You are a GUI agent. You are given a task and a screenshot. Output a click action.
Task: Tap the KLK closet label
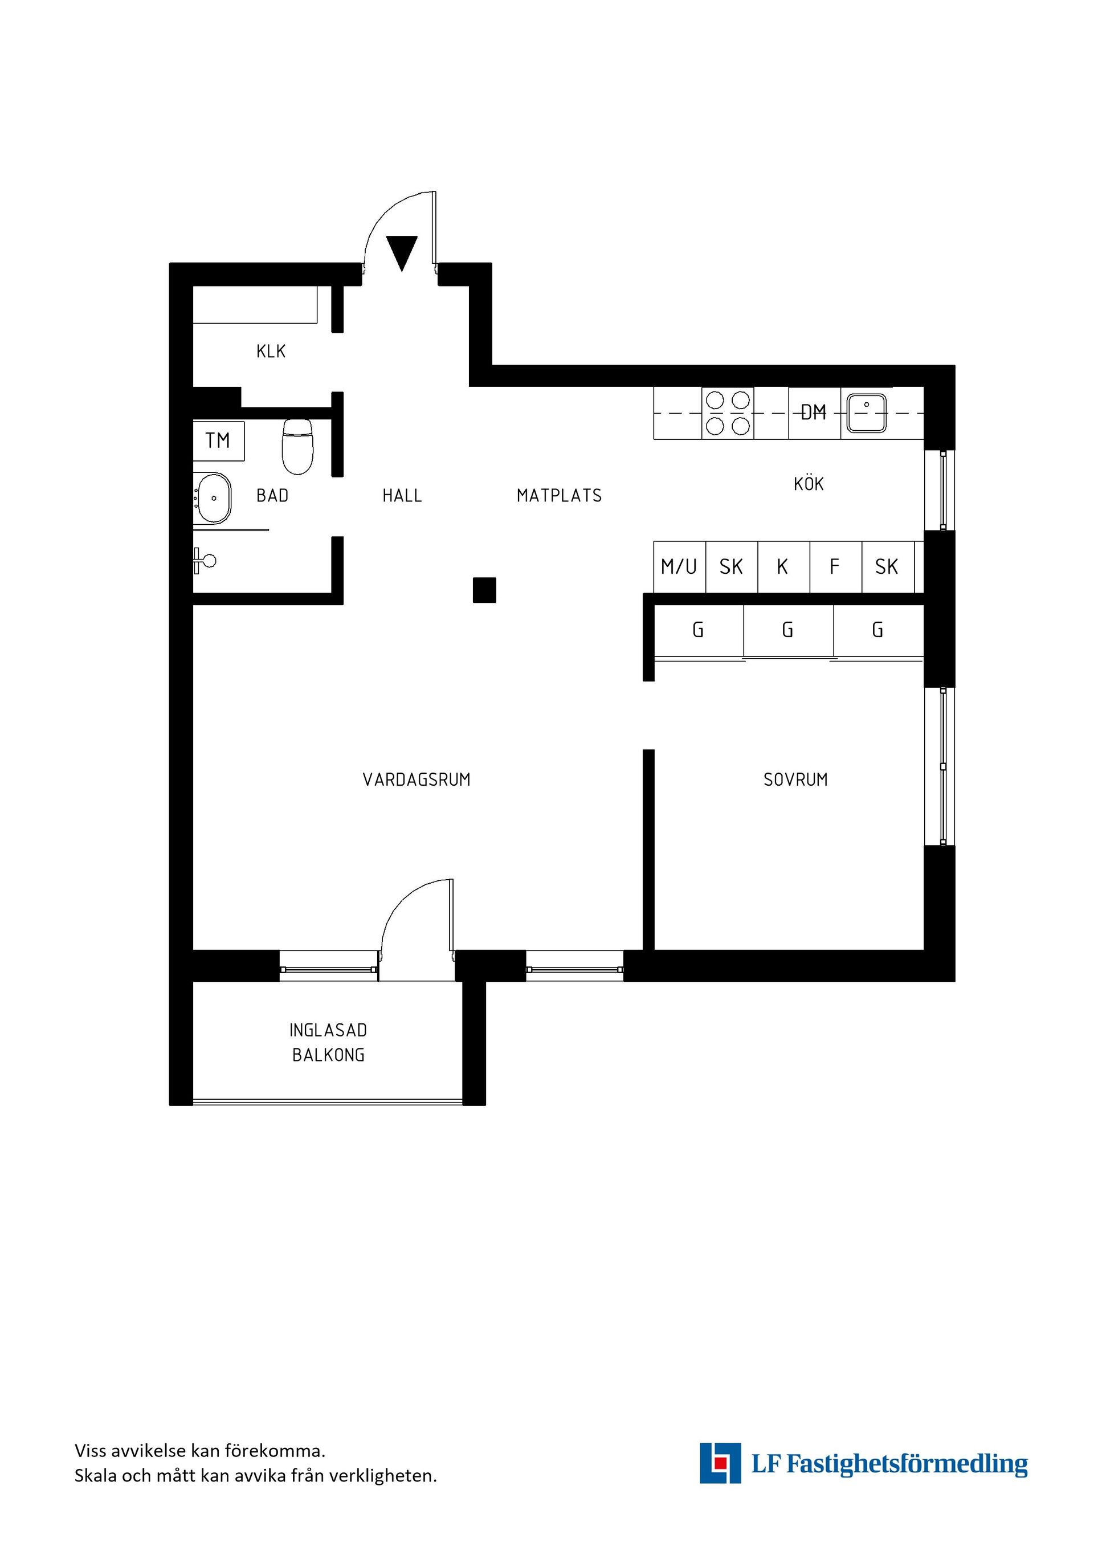pyautogui.click(x=271, y=351)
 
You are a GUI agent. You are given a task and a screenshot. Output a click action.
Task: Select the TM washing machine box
pyautogui.click(x=218, y=440)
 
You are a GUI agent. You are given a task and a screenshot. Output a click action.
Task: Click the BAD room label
pyautogui.click(x=272, y=496)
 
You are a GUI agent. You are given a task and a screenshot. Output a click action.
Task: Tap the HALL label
pyautogui.click(x=402, y=496)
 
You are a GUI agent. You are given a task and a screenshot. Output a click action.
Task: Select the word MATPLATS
pyautogui.click(x=559, y=496)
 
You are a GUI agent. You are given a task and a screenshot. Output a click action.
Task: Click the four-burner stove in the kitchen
pyautogui.click(x=728, y=413)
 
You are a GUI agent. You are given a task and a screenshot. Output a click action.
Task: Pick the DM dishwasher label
pyautogui.click(x=814, y=413)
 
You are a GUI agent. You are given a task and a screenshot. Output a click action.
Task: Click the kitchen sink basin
pyautogui.click(x=866, y=413)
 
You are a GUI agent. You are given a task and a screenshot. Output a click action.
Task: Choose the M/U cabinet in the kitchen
pyautogui.click(x=680, y=566)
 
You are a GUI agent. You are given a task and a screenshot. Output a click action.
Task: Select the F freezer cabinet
pyautogui.click(x=835, y=566)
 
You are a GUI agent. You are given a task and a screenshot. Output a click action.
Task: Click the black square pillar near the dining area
pyautogui.click(x=484, y=590)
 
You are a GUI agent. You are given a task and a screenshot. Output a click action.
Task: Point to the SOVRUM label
pyautogui.click(x=795, y=779)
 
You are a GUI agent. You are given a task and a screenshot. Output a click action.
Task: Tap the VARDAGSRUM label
pyautogui.click(x=417, y=779)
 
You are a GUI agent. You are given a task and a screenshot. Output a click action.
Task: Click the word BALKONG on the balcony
pyautogui.click(x=328, y=1055)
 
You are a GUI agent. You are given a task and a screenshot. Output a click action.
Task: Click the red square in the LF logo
pyautogui.click(x=721, y=1463)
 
